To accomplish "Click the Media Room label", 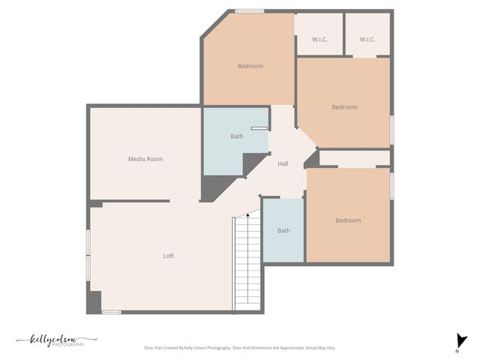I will [145, 159].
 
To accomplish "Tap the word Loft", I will [169, 256].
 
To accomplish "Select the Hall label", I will [283, 164].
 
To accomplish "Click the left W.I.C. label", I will [319, 40].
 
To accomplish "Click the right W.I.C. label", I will [367, 40].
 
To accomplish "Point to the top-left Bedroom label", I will [250, 66].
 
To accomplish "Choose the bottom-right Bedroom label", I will [348, 220].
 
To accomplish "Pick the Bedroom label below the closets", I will [345, 107].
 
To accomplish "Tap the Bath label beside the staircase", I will [283, 230].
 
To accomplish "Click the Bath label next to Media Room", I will [237, 136].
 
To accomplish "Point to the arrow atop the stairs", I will [247, 216].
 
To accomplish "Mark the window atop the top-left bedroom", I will [249, 11].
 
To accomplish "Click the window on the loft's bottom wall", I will [111, 312].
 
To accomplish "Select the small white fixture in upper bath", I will [259, 129].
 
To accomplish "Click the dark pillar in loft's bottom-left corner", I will [94, 302].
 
